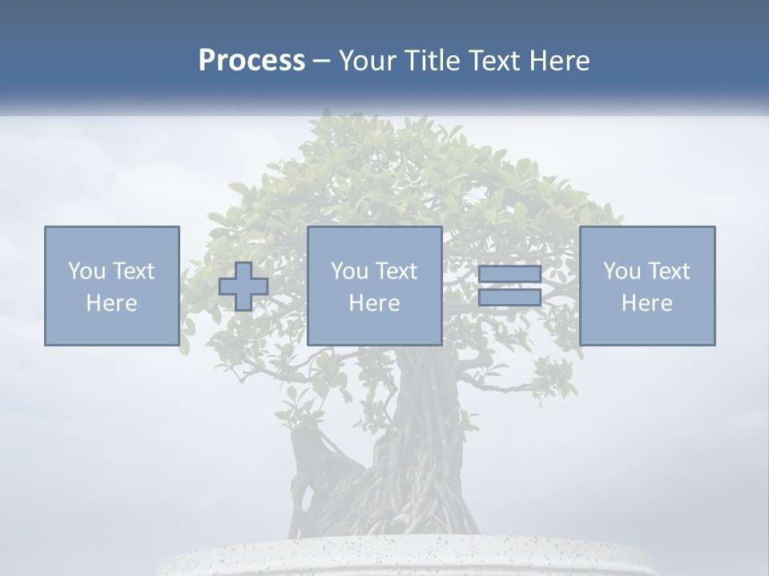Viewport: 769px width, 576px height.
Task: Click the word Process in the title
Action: coord(252,61)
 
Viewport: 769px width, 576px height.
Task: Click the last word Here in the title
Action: coord(560,61)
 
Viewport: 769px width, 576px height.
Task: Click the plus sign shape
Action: coord(244,286)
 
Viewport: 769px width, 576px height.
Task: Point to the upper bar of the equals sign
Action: coord(509,274)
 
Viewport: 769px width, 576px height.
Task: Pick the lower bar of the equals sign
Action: coord(509,297)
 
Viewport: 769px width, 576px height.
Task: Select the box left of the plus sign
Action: coord(112,286)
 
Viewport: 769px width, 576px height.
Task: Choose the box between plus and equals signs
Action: coord(375,286)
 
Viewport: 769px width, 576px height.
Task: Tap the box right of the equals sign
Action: coord(647,286)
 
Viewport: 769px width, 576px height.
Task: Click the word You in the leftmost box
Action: coord(87,270)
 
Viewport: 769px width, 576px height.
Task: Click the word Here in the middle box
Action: coord(375,303)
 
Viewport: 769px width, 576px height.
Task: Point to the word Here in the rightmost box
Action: coord(647,303)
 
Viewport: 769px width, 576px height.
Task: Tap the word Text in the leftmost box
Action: coord(133,270)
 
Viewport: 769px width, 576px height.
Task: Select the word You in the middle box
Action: coord(349,270)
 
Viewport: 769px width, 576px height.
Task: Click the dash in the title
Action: coord(322,61)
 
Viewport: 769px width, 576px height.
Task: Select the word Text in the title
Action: coord(490,61)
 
